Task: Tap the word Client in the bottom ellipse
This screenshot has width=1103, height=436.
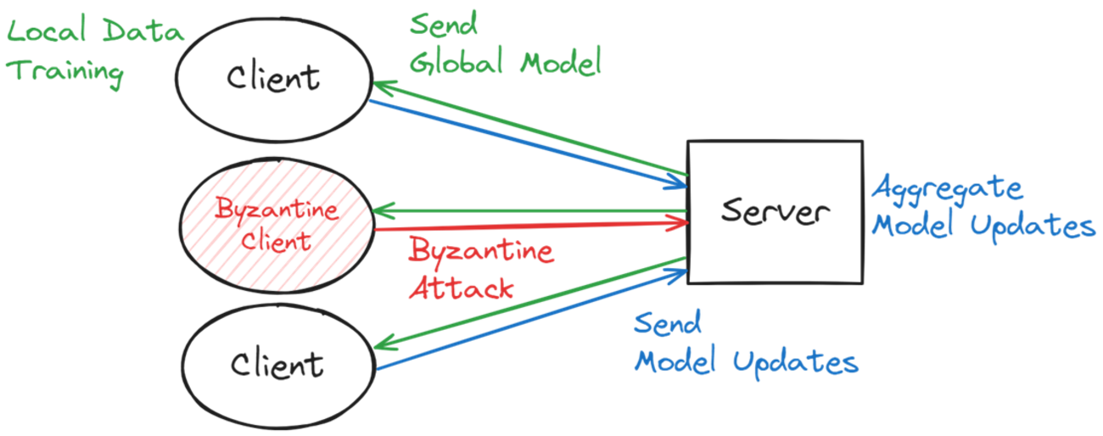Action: coord(277,366)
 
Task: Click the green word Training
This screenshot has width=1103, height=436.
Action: coord(67,71)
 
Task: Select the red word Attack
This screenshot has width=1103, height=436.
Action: coord(462,288)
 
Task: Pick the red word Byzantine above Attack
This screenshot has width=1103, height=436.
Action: coord(480,251)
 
